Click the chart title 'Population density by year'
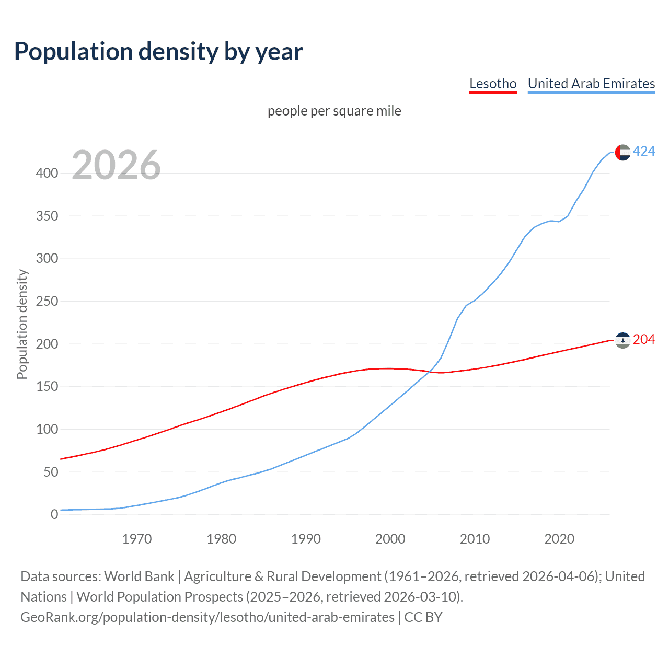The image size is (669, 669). pyautogui.click(x=158, y=51)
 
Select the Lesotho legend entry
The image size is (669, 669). pyautogui.click(x=493, y=84)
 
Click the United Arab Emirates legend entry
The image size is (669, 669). pyautogui.click(x=591, y=84)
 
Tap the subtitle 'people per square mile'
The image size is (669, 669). pyautogui.click(x=334, y=111)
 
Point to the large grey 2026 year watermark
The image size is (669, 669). pyautogui.click(x=116, y=165)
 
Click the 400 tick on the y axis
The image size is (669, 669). pyautogui.click(x=47, y=173)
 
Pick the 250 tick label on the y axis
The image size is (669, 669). pyautogui.click(x=47, y=301)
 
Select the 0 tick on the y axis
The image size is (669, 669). pyautogui.click(x=54, y=514)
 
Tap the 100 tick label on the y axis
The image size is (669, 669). pyautogui.click(x=47, y=429)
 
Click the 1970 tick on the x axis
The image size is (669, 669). pyautogui.click(x=137, y=539)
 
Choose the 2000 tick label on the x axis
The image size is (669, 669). pyautogui.click(x=390, y=539)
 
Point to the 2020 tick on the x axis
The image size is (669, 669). pyautogui.click(x=559, y=539)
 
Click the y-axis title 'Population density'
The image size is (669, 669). pyautogui.click(x=22, y=324)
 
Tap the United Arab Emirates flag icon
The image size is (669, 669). pyautogui.click(x=622, y=152)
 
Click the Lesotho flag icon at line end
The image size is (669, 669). pyautogui.click(x=622, y=340)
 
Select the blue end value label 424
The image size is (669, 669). pyautogui.click(x=644, y=152)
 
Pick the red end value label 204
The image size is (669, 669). pyautogui.click(x=644, y=340)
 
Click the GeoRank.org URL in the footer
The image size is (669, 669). pyautogui.click(x=207, y=617)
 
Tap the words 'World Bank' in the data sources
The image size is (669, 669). pyautogui.click(x=139, y=576)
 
